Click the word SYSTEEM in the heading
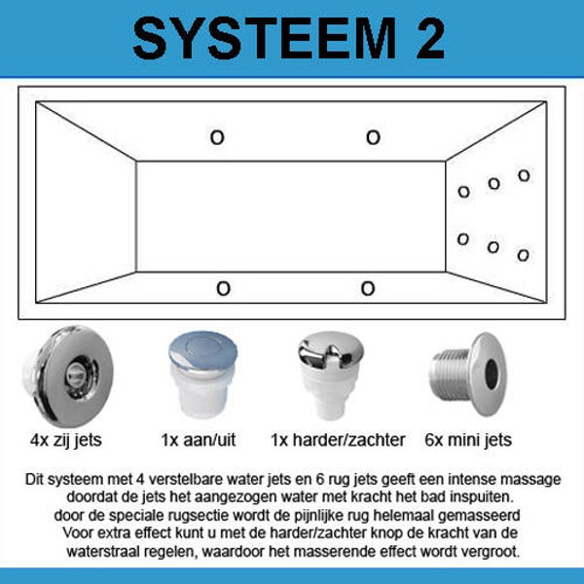tap(265, 39)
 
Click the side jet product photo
tap(68, 376)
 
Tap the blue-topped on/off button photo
tap(203, 375)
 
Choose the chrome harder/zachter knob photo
tap(331, 376)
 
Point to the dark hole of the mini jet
tap(492, 375)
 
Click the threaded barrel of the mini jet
tap(450, 375)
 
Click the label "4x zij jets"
tap(66, 441)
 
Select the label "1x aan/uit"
tap(199, 440)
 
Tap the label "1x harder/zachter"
tap(338, 440)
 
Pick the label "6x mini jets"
tap(468, 441)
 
